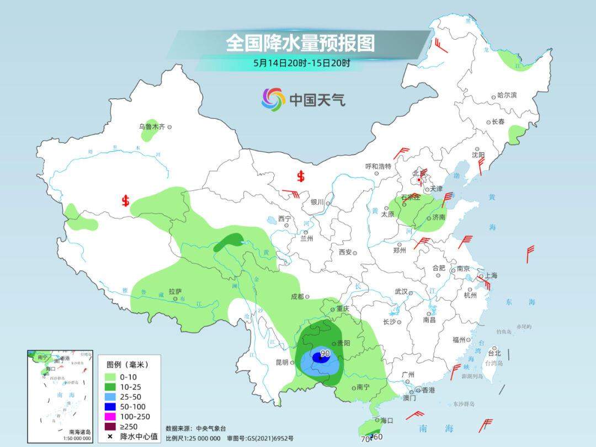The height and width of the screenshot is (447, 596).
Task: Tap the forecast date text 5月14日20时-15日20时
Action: tap(301, 63)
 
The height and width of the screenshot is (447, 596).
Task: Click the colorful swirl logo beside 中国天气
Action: tap(273, 99)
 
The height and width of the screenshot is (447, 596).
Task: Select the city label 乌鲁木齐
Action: tap(152, 126)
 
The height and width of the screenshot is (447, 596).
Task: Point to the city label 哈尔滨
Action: tap(507, 95)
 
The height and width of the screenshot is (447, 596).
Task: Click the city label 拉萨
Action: tap(175, 291)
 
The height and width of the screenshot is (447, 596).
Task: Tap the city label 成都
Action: tap(297, 296)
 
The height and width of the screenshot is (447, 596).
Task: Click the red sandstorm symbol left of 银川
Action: tap(301, 176)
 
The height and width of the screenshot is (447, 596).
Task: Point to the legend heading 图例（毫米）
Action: tap(127, 365)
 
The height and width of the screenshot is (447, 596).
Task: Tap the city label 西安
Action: tap(345, 252)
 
